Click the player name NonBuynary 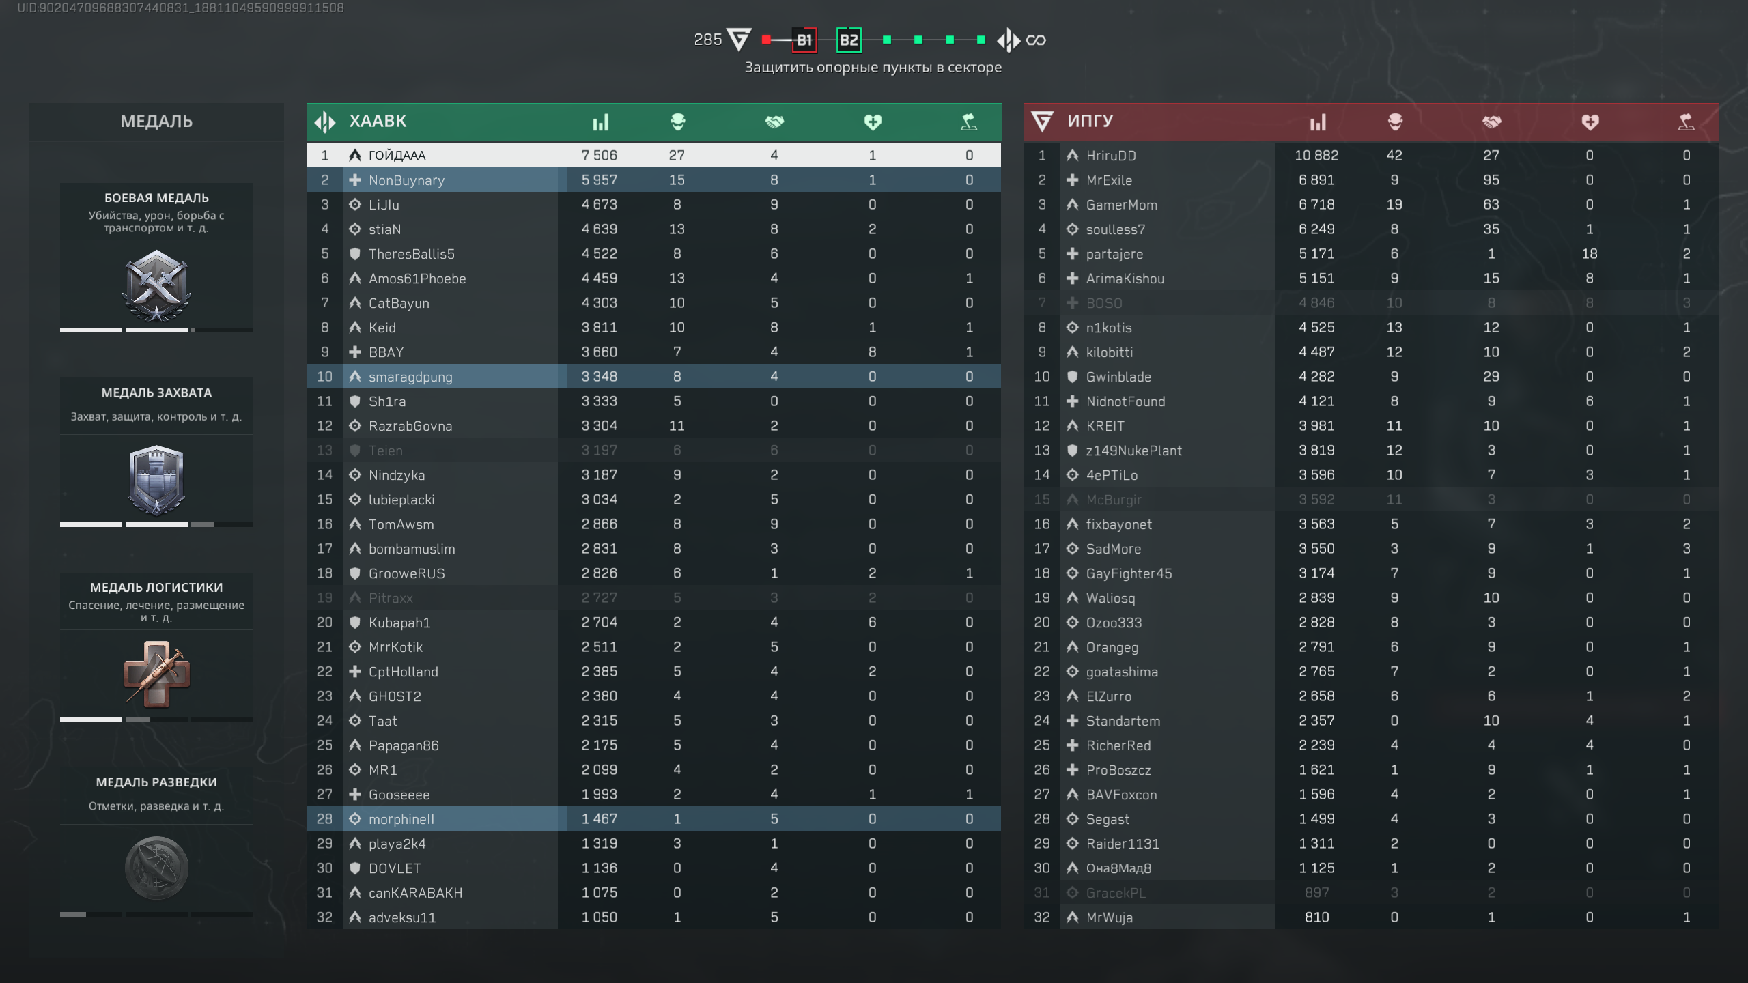pos(406,180)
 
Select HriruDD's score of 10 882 pos(1316,156)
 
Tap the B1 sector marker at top pos(804,40)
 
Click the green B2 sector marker pos(849,40)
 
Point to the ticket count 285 pos(707,40)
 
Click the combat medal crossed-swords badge pos(156,285)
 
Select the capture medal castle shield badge pos(156,480)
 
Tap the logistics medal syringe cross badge pos(156,674)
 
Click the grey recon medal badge pos(156,868)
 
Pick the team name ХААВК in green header pos(378,122)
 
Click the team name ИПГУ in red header pos(1090,121)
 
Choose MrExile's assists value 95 pos(1491,180)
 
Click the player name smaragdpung pos(410,377)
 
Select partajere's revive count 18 pos(1589,254)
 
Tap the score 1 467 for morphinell pos(599,819)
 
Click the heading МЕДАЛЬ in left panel pos(156,122)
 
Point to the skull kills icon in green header pos(677,122)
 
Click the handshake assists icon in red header pos(1491,122)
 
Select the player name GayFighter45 pos(1129,573)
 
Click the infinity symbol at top pos(1036,40)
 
